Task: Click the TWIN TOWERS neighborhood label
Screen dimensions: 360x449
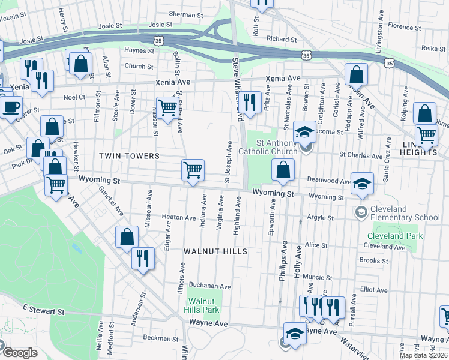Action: coord(129,156)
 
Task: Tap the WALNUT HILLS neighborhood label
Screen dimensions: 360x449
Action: coord(215,251)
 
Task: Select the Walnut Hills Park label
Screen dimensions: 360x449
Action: coord(204,305)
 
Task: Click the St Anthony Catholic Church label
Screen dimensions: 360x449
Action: coord(276,148)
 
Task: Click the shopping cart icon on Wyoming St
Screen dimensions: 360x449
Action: coord(193,170)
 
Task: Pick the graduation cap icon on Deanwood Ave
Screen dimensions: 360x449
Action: coord(362,183)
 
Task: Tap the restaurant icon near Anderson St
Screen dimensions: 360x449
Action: coord(143,258)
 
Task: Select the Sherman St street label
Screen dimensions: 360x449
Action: coord(182,14)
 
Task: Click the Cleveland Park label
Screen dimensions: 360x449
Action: coord(394,236)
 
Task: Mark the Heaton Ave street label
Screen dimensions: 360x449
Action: coord(179,217)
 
